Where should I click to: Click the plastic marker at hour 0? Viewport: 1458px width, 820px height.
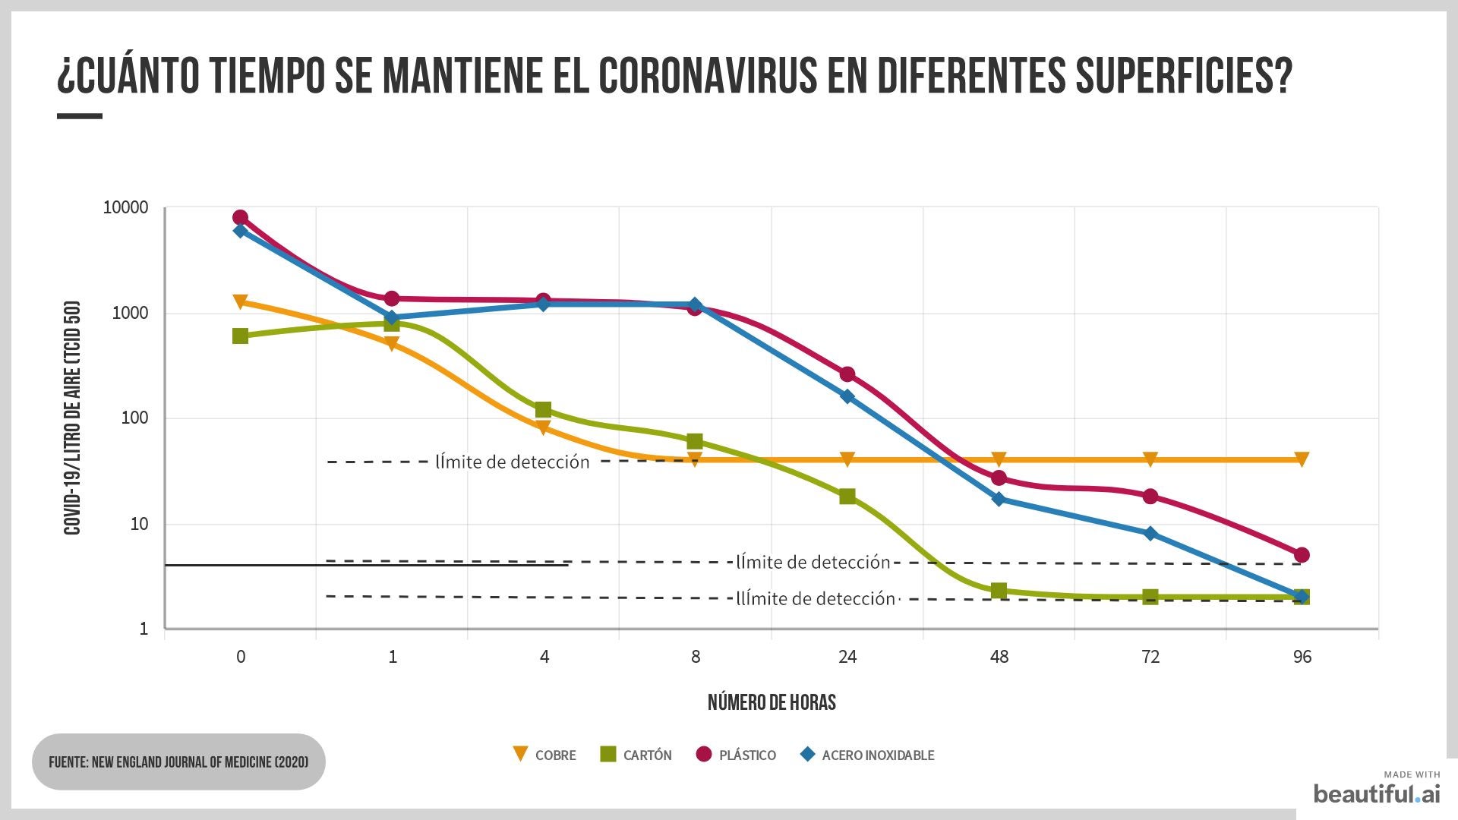tap(240, 218)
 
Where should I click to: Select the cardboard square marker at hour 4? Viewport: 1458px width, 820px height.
tap(543, 410)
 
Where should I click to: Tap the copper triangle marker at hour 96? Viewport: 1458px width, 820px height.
tap(1302, 459)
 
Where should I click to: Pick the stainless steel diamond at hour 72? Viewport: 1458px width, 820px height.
tap(1150, 534)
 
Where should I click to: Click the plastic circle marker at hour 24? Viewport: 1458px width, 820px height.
tap(847, 374)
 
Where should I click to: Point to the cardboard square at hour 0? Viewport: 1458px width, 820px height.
tap(240, 336)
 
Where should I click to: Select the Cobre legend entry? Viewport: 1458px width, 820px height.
tap(544, 755)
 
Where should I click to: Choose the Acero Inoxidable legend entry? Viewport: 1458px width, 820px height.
tap(867, 755)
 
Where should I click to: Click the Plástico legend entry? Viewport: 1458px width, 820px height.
tap(736, 755)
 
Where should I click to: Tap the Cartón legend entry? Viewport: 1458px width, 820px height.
tap(636, 755)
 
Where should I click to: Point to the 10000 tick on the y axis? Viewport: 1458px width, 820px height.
tap(125, 207)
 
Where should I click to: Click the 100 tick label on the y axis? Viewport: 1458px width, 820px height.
tap(134, 418)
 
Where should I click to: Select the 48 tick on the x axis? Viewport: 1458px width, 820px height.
tap(999, 657)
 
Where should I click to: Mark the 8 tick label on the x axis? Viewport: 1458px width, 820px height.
tap(696, 657)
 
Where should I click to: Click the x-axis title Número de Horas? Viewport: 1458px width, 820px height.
tap(772, 702)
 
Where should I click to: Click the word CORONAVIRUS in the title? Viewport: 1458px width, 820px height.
tap(707, 75)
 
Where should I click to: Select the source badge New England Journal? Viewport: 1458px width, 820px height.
tap(178, 762)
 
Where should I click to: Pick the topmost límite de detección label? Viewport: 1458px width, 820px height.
tap(512, 462)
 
